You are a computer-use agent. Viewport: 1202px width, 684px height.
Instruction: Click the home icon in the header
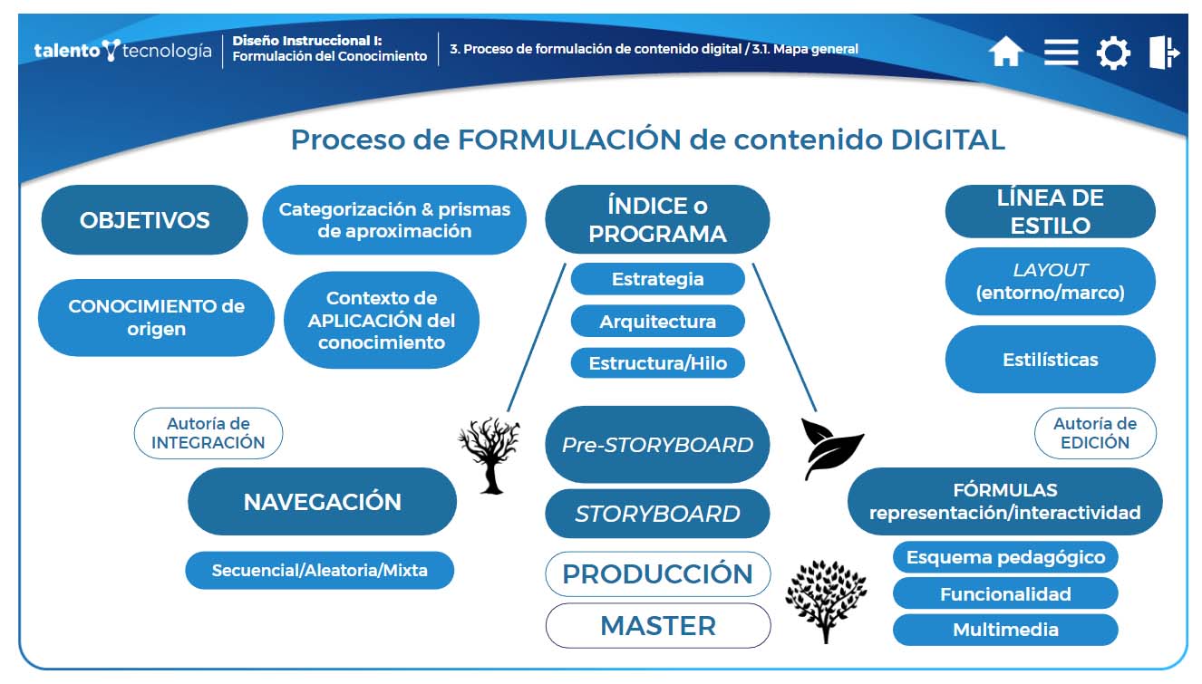1005,52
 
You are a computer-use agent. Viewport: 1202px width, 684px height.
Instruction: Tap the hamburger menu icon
1061,52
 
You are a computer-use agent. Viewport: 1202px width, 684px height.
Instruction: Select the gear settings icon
1113,53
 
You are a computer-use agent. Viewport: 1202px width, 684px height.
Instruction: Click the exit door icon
1164,53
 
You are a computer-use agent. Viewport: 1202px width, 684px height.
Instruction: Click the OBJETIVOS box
144,220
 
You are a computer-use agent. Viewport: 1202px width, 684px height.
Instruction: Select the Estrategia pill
657,279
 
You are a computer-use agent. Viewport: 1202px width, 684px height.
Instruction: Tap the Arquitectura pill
657,321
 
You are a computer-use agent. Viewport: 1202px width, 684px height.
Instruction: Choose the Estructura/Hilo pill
657,363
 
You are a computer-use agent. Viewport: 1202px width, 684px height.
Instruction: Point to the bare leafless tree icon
490,454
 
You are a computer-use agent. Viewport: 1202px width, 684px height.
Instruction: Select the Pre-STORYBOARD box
657,444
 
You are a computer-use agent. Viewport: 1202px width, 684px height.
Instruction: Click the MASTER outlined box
657,625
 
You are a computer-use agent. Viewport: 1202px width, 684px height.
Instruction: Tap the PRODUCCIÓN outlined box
657,573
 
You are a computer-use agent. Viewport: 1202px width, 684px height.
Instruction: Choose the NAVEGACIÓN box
322,502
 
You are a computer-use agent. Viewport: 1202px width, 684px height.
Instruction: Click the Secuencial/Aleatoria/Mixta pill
319,571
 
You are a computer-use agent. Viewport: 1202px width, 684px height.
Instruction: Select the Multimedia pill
1005,630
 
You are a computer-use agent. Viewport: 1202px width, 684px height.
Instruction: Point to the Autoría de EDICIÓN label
1095,433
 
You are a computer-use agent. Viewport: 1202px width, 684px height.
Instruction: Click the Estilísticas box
1050,360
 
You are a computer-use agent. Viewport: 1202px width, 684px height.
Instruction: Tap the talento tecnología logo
122,51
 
